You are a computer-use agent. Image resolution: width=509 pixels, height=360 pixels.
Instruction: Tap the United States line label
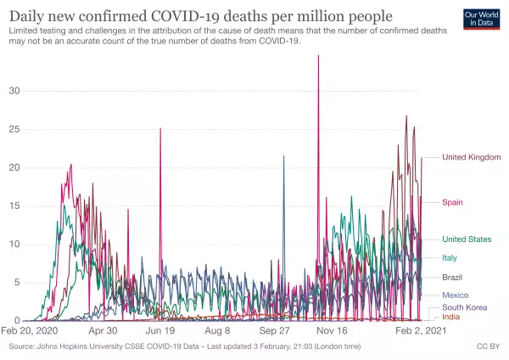point(467,239)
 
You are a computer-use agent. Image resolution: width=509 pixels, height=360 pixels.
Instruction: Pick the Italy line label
point(451,257)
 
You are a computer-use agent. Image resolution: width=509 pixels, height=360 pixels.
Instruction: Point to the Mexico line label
point(456,295)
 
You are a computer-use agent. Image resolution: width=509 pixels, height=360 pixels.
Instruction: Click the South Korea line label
point(463,307)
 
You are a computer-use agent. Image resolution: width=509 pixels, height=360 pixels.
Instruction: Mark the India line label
point(451,317)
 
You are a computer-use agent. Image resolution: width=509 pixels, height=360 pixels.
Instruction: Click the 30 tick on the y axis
point(15,91)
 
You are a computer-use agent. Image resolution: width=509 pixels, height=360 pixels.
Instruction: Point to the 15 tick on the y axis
point(15,206)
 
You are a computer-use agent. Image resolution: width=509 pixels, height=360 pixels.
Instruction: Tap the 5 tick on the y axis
point(18,283)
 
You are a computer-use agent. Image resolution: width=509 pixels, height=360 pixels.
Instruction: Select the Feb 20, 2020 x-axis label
point(31,331)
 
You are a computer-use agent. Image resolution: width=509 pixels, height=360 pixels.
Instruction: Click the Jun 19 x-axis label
point(160,331)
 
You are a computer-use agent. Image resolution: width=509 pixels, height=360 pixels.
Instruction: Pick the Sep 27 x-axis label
point(275,331)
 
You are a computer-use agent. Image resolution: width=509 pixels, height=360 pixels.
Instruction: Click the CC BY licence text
point(488,347)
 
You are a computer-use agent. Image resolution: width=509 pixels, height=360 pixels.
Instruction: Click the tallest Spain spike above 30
point(318,57)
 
